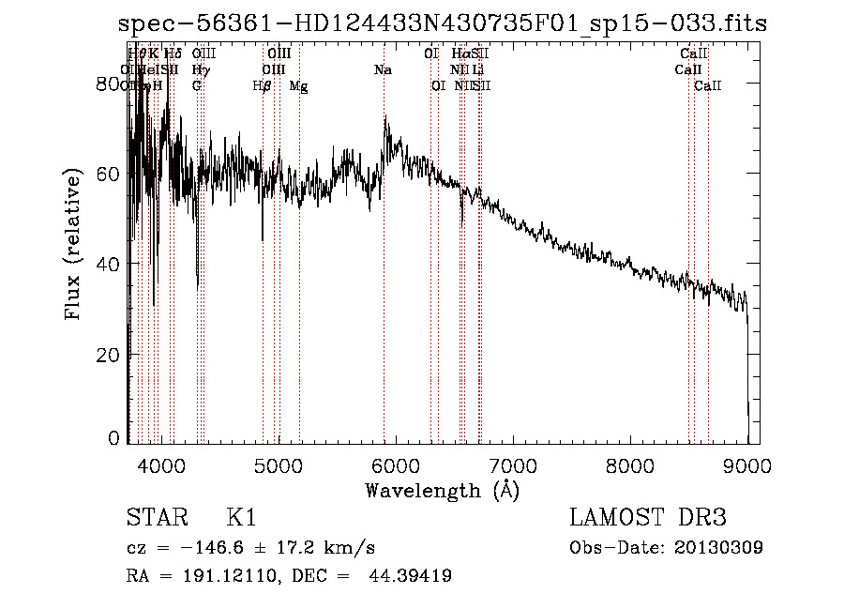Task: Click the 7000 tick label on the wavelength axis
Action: pos(512,465)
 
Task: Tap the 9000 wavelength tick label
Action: pos(746,465)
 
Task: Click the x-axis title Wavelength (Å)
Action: pos(442,490)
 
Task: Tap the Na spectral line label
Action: pos(383,70)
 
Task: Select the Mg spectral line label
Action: pos(298,86)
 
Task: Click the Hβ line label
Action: pos(263,86)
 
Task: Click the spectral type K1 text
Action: pos(241,518)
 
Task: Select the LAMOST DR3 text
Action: pos(648,518)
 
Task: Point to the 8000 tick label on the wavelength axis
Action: pos(629,465)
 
